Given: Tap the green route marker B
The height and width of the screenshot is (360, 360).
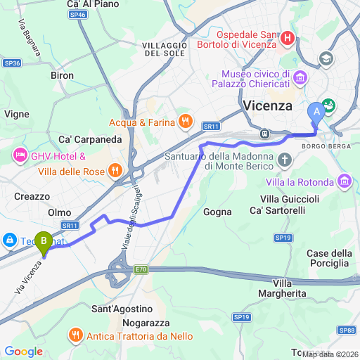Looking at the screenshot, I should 44,243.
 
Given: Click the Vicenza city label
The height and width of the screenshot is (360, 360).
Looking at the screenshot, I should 267,106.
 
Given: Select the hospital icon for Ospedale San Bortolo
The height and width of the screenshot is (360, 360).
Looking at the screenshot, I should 287,39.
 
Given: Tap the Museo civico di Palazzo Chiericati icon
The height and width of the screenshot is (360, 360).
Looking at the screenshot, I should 301,77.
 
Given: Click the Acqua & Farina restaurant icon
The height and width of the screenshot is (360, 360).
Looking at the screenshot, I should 185,121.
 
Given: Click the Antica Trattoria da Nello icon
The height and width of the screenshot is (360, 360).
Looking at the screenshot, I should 77,336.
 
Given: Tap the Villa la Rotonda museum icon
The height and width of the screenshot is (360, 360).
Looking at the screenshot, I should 345,181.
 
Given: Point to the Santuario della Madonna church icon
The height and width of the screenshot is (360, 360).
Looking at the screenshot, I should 284,160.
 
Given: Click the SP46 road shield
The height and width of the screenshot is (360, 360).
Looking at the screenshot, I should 77,14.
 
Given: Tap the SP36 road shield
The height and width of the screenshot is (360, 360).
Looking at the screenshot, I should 11,63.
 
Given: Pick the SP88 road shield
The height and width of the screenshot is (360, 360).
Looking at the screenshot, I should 345,330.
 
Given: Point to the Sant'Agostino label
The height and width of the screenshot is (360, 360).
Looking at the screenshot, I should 122,309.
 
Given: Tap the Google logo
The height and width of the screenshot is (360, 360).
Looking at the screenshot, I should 22,351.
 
